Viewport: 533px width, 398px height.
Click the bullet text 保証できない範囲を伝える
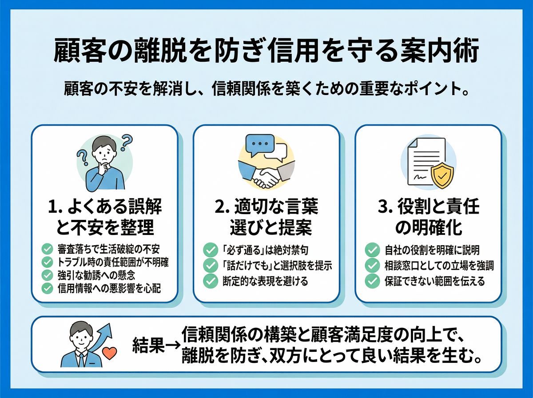[434, 281]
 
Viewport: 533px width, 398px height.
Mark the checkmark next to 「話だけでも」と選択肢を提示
[208, 266]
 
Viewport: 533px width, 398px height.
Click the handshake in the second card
[266, 175]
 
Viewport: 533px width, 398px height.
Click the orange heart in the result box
[109, 354]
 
